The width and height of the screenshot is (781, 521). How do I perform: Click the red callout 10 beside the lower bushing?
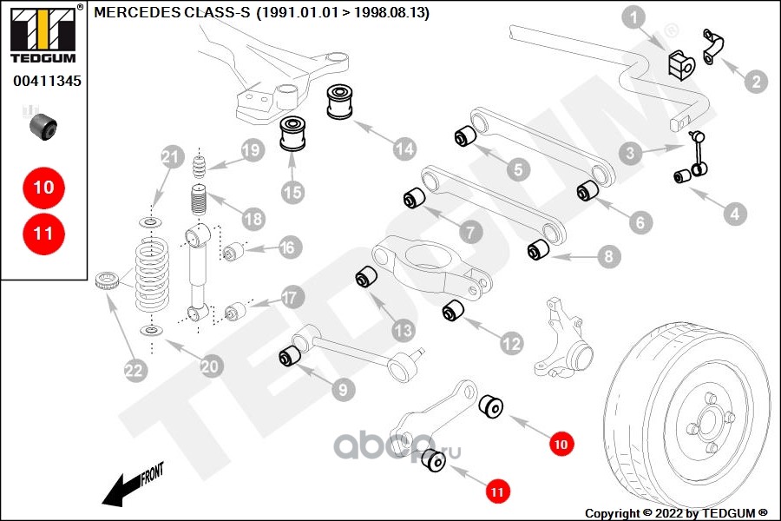tap(561, 444)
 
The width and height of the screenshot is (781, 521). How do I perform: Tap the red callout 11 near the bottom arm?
tap(497, 491)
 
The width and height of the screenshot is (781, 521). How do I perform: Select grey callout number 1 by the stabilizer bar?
tap(633, 18)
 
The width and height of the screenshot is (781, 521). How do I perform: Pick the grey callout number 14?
tap(404, 148)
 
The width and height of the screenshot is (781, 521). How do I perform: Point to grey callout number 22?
tap(134, 370)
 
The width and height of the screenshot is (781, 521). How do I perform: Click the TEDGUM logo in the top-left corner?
tap(43, 34)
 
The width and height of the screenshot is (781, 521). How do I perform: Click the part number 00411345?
tap(47, 81)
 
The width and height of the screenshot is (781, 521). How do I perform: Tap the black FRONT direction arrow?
tap(133, 485)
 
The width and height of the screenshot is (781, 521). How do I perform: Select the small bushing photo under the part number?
tap(43, 127)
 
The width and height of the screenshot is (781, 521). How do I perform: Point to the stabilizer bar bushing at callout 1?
tap(681, 65)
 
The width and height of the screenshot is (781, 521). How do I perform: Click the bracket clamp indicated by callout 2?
tap(712, 46)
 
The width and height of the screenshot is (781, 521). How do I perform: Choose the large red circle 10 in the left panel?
tap(44, 188)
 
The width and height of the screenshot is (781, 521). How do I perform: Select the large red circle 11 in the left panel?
tap(44, 234)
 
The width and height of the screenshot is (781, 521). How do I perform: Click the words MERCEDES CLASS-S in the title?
tap(172, 12)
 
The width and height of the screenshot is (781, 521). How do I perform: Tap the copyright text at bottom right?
tap(676, 513)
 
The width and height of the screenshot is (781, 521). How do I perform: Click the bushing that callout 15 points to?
tap(293, 133)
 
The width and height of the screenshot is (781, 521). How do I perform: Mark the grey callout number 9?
tap(343, 389)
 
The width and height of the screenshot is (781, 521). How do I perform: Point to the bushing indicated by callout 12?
tap(453, 311)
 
